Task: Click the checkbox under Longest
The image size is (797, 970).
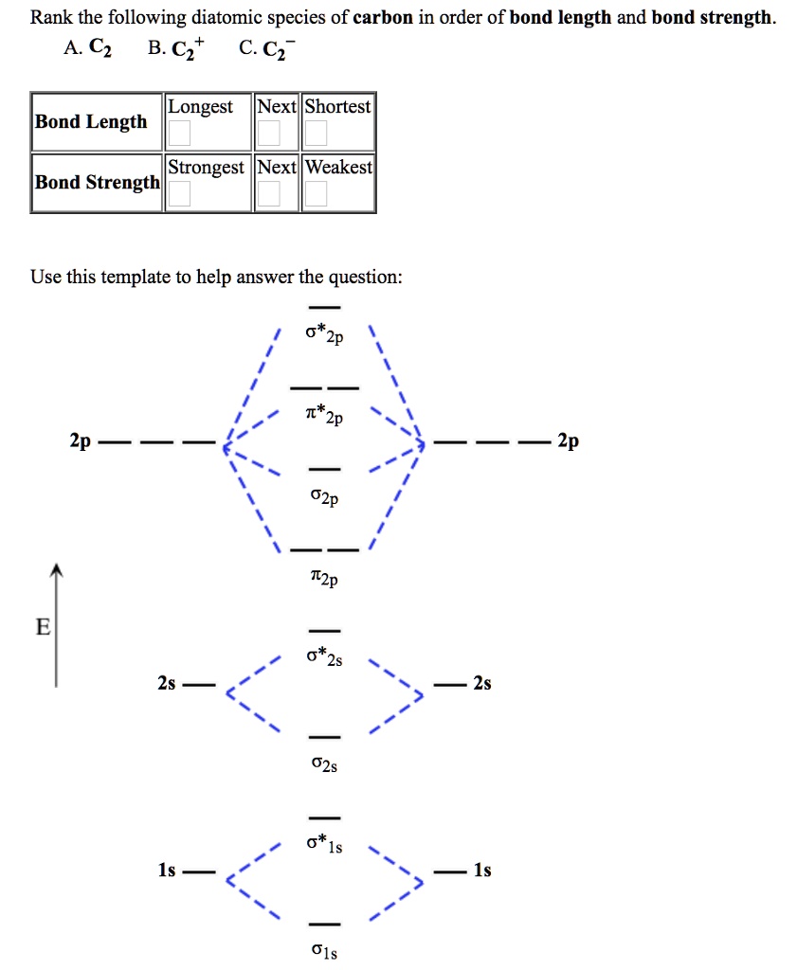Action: click(x=179, y=134)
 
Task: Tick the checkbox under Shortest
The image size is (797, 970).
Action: click(x=316, y=134)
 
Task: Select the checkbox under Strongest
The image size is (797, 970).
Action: click(x=179, y=194)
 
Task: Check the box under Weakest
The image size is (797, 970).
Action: click(x=316, y=194)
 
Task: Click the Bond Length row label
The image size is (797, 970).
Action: click(x=91, y=121)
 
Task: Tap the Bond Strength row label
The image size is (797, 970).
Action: click(x=97, y=182)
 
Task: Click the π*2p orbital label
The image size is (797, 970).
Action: click(x=324, y=416)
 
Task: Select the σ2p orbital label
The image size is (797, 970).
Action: click(x=324, y=497)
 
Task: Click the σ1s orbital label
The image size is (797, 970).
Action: click(x=324, y=952)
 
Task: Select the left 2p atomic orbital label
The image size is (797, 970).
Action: click(x=80, y=441)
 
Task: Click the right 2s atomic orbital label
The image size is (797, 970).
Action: click(x=482, y=683)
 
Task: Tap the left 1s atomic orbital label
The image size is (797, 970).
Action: click(x=167, y=871)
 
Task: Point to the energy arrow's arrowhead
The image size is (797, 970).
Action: click(x=57, y=571)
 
